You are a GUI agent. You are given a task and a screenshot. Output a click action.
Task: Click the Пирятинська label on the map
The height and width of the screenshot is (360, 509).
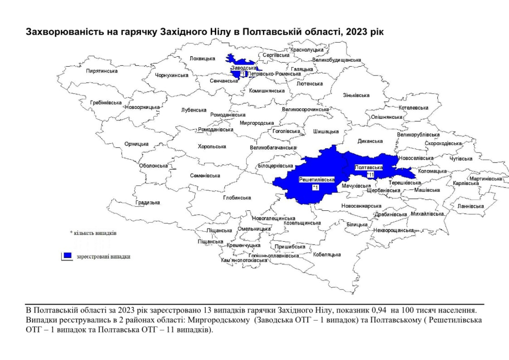(102, 71)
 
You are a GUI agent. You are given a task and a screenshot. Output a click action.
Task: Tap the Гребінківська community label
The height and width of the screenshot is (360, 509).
(106, 103)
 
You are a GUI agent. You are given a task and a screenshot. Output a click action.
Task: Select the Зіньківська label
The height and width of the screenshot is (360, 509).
(356, 95)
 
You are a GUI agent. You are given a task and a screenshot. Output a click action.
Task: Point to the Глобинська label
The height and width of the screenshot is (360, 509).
(237, 198)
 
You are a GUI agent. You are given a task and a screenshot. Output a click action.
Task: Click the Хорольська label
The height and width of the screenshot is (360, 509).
(212, 147)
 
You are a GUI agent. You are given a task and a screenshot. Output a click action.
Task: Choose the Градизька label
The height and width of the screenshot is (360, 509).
(148, 203)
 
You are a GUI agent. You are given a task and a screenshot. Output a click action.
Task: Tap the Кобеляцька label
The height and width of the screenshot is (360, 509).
(327, 255)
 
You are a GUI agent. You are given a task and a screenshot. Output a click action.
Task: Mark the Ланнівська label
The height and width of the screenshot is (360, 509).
(470, 206)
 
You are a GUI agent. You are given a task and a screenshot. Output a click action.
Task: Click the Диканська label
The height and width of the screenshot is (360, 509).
(370, 141)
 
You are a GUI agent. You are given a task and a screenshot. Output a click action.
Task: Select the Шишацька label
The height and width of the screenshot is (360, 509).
(326, 132)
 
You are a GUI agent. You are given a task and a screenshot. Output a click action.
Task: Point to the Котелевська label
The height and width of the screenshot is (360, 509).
(414, 108)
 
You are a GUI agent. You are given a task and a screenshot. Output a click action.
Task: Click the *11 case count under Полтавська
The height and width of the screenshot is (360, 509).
(370, 175)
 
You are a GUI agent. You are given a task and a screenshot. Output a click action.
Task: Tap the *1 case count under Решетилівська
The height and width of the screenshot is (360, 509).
(315, 187)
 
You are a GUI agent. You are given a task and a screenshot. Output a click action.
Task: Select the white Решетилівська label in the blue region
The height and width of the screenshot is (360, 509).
(317, 179)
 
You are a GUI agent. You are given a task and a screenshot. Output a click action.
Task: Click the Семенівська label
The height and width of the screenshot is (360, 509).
(205, 176)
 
